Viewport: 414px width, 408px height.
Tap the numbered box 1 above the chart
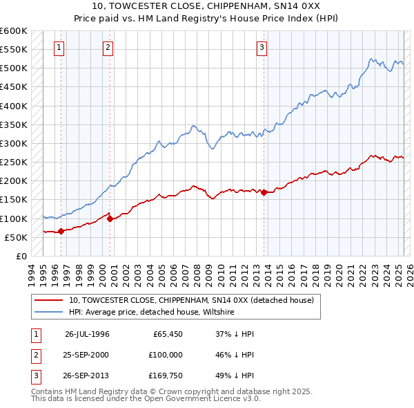coord(60,48)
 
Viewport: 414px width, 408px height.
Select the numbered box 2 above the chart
coord(109,48)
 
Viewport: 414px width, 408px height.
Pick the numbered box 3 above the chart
coord(262,48)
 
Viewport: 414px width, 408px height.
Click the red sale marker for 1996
coord(61,231)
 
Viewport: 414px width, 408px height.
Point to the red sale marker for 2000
coord(110,218)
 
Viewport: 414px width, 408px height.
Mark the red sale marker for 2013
coord(264,192)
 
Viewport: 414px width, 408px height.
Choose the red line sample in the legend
coord(49,301)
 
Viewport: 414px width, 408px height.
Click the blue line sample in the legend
coord(49,313)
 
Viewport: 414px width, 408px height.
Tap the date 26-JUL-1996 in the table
coord(87,334)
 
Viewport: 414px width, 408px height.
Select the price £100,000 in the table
coord(166,354)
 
